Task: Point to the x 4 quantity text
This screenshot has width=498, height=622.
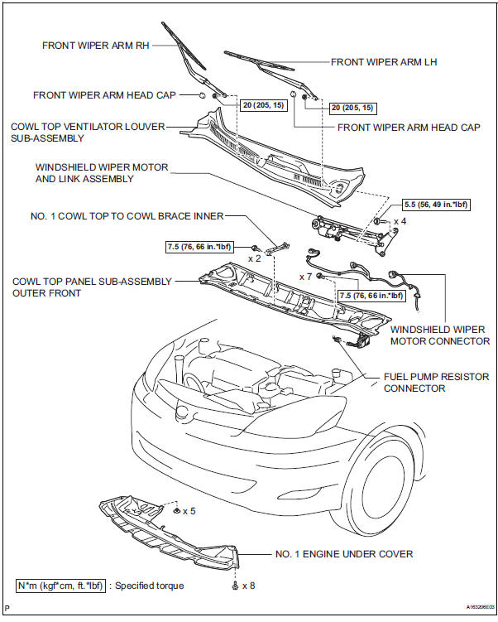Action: coord(400,221)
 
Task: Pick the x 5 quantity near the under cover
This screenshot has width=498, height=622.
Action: coord(189,511)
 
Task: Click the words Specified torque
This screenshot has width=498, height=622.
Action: coord(150,586)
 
